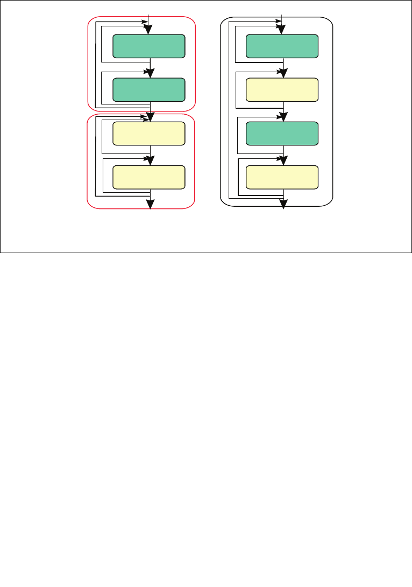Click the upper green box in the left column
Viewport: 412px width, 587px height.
pos(149,46)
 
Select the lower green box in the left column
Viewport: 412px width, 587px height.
pos(149,90)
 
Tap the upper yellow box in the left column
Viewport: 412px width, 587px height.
pos(149,134)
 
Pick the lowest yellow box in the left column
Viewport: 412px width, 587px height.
pos(149,177)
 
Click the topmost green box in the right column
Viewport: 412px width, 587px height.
pos(282,46)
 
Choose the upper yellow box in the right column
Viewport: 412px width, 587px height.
pos(282,90)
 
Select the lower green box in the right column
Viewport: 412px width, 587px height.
pos(282,134)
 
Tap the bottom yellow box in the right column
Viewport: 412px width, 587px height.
pos(282,177)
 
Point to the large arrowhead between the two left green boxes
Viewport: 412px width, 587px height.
pos(151,73)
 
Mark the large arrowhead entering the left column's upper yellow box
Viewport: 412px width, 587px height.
pos(151,117)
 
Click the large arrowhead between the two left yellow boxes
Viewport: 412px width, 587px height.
pos(151,160)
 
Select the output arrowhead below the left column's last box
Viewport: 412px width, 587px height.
pos(151,204)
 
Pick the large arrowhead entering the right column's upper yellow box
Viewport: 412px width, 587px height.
pos(283,73)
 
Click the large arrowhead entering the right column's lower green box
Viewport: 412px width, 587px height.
pos(283,117)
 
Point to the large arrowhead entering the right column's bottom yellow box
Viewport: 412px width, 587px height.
pos(283,160)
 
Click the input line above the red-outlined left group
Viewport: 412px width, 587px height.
pos(149,15)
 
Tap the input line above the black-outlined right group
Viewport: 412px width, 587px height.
pos(282,15)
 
